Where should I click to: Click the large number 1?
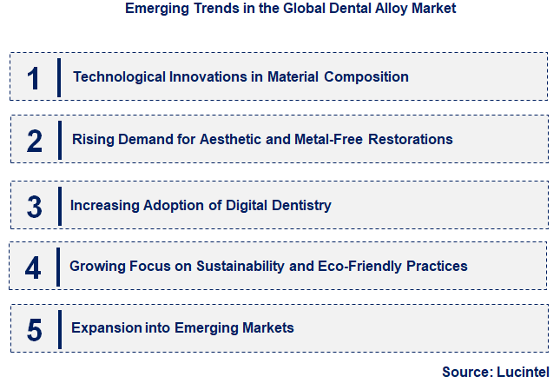[x=33, y=78]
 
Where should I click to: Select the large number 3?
[x=34, y=206]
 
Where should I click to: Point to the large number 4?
[x=33, y=267]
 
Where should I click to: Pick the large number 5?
[x=34, y=329]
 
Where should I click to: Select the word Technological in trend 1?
[x=115, y=76]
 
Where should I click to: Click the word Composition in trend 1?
[x=366, y=76]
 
